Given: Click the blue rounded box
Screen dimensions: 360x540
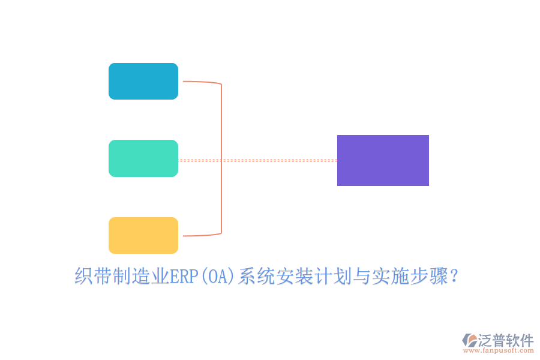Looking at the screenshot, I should tap(143, 81).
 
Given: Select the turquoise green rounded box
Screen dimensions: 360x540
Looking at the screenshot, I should tap(143, 158).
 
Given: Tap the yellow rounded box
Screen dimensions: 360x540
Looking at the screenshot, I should tap(143, 235).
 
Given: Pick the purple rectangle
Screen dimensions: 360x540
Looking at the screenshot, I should tap(383, 160).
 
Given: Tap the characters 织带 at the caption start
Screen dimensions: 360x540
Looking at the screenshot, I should tap(93, 277).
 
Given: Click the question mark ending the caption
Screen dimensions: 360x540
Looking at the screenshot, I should tap(454, 277).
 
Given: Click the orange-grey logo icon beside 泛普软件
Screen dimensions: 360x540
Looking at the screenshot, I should tap(469, 340).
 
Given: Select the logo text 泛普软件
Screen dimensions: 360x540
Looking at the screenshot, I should tap(505, 340).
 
